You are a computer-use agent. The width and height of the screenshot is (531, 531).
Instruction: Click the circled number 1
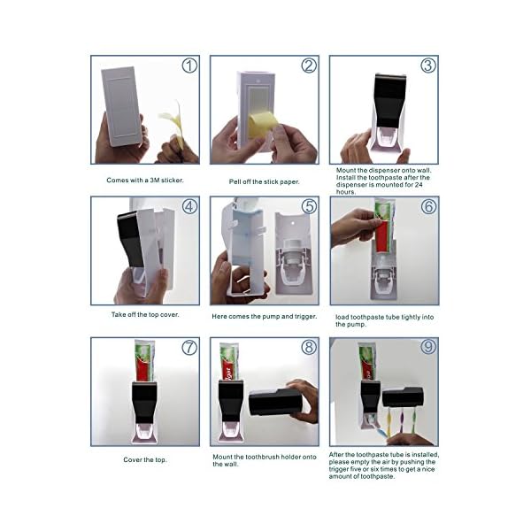point(189,65)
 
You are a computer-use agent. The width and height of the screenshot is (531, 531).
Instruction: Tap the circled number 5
point(309,206)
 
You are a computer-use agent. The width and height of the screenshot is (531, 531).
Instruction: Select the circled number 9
point(428,346)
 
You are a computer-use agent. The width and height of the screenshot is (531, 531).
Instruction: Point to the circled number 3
point(428,65)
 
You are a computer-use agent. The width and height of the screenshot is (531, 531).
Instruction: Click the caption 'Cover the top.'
point(145,460)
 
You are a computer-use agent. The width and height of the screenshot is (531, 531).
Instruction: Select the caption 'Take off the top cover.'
point(145,314)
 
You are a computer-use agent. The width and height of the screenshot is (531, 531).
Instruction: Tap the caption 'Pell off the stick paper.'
point(264,181)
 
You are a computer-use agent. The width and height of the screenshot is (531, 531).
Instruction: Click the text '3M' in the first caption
point(154,181)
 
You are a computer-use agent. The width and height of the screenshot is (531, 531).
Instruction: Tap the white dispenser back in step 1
point(121,106)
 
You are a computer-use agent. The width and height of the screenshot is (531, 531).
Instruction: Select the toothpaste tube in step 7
point(144,361)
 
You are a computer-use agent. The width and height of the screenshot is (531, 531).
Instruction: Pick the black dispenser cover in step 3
point(389,100)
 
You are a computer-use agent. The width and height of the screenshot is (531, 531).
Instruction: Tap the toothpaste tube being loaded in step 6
point(383,226)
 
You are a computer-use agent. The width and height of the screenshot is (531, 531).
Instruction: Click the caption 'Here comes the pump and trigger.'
point(264,317)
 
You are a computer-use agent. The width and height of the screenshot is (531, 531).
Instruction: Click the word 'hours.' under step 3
point(346,192)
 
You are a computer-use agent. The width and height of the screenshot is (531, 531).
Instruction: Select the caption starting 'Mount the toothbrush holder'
point(264,460)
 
